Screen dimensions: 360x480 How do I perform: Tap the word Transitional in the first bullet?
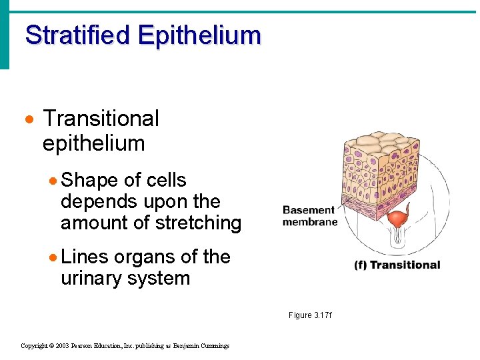coord(101,119)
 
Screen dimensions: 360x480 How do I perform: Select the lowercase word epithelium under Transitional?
coord(93,143)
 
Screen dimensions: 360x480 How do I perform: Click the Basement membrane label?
coord(309,216)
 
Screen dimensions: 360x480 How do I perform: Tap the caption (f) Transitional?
coord(397,265)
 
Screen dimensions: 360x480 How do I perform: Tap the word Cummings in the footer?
coord(213,345)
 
